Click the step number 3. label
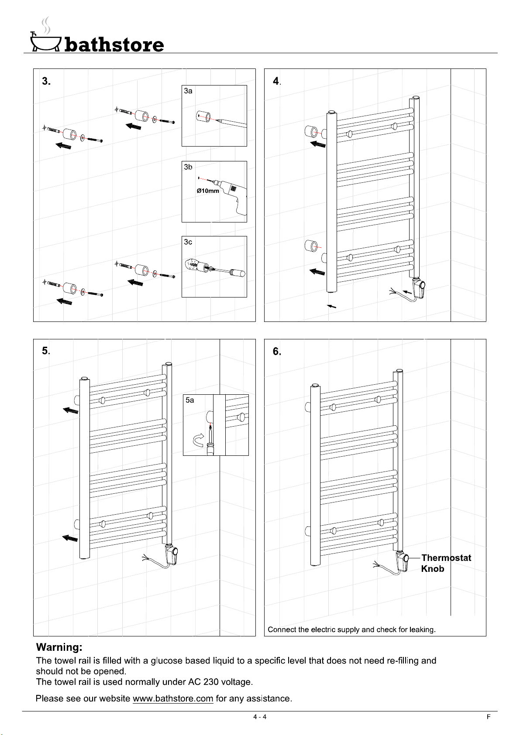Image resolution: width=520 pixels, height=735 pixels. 46,81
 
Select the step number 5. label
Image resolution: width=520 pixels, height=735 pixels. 46,351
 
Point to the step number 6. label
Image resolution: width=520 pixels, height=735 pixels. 277,352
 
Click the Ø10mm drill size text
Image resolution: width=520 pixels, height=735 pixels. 207,191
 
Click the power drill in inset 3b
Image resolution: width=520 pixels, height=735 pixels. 231,195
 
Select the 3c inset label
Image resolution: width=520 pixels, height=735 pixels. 188,242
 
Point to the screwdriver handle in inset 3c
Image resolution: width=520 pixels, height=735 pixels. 237,273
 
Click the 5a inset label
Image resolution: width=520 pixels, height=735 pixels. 189,400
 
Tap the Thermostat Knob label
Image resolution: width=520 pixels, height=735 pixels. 446,563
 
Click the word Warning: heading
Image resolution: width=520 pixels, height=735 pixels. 59,647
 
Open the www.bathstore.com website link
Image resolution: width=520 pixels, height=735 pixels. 173,698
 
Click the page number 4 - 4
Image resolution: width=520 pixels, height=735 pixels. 260,717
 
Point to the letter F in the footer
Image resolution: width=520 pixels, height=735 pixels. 489,717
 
